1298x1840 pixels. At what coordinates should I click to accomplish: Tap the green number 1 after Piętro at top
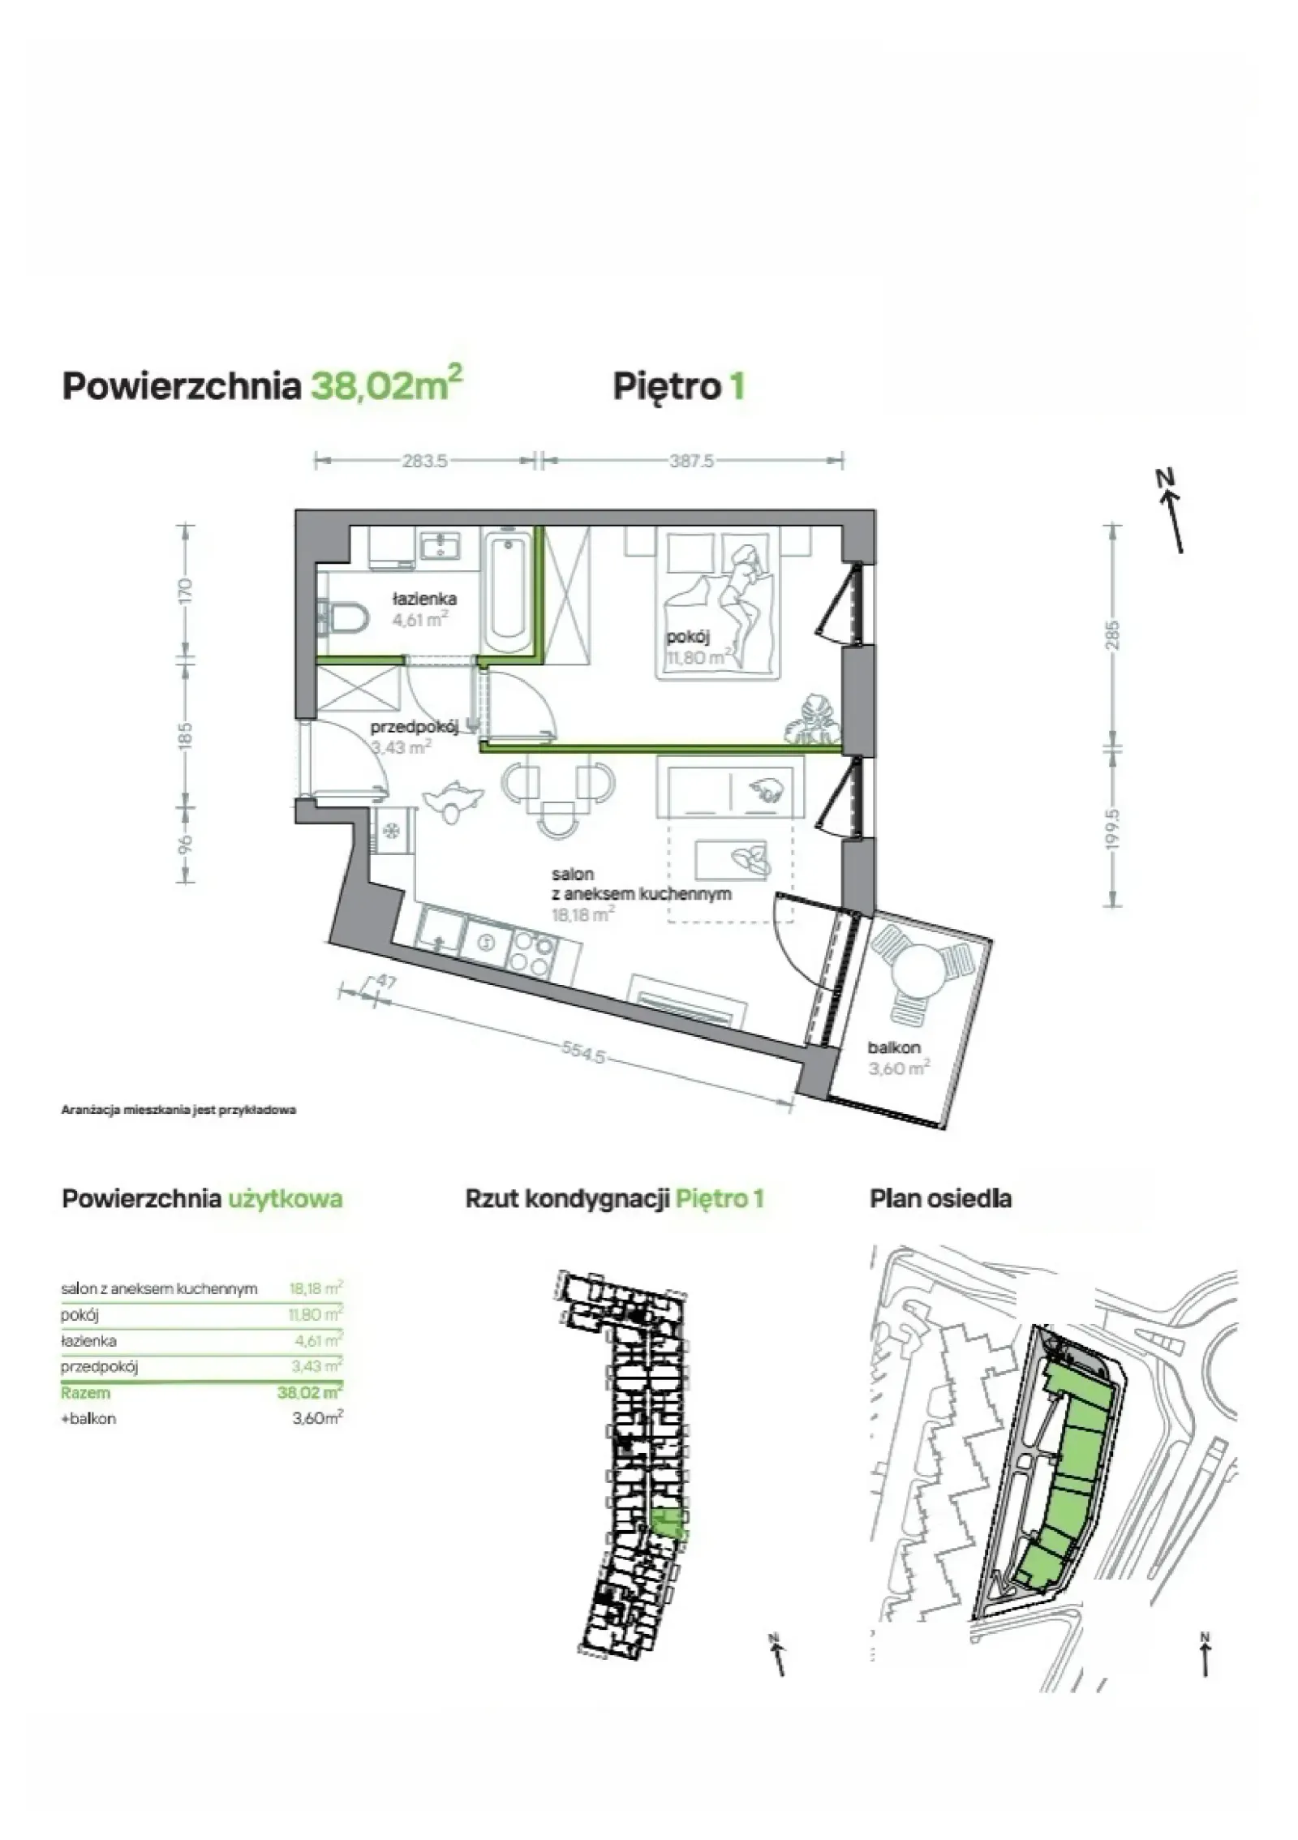737,386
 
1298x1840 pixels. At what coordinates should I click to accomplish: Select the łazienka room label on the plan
424,599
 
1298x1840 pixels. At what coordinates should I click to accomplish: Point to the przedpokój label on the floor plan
414,726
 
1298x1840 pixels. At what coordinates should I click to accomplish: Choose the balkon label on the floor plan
894,1047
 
